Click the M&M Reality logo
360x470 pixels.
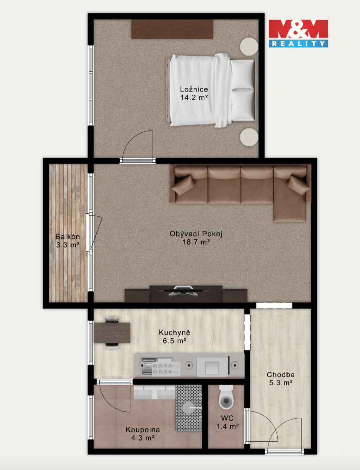pyautogui.click(x=298, y=33)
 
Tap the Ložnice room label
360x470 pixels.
pyautogui.click(x=194, y=89)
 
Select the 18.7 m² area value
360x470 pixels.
pyautogui.click(x=196, y=242)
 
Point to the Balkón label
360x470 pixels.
pyautogui.click(x=68, y=236)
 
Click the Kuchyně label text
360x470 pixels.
pyautogui.click(x=175, y=332)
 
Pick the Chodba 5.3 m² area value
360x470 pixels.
pyautogui.click(x=281, y=383)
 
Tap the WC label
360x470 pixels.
pyautogui.click(x=227, y=418)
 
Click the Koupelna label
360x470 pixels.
pyautogui.click(x=143, y=430)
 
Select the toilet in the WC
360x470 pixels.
pyautogui.click(x=226, y=398)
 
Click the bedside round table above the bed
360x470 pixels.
pyautogui.click(x=249, y=47)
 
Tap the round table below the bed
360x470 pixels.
pyautogui.click(x=249, y=137)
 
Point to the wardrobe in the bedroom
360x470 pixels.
pyautogui.click(x=172, y=29)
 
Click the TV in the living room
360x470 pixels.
pyautogui.click(x=183, y=290)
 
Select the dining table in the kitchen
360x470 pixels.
pyautogui.click(x=112, y=333)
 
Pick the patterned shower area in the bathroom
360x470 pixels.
pyautogui.click(x=188, y=408)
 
